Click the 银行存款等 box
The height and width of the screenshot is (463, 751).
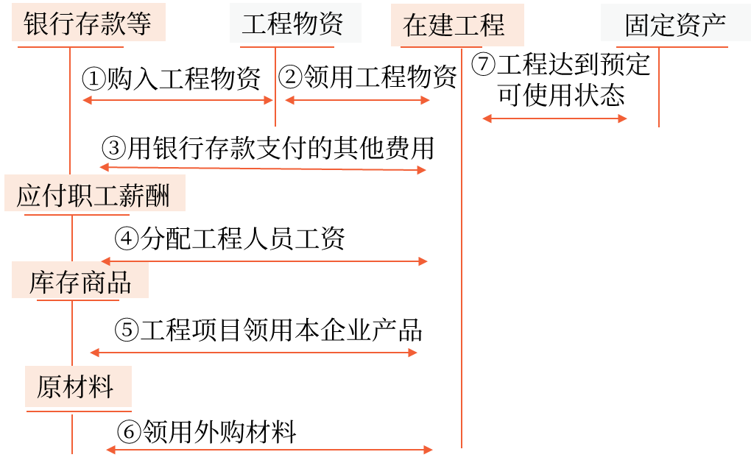click(88, 23)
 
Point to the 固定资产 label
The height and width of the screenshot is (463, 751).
click(675, 24)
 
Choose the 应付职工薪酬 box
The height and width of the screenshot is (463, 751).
click(94, 194)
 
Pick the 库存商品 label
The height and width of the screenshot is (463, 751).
click(80, 281)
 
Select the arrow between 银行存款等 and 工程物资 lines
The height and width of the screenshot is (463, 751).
click(177, 100)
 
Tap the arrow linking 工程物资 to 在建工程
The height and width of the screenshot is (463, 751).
click(357, 100)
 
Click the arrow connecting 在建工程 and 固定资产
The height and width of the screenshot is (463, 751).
click(554, 119)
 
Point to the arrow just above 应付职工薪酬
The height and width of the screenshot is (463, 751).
click(263, 169)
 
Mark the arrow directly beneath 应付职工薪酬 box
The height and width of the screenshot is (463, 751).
click(264, 261)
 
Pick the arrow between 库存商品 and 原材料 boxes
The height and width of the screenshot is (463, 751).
click(253, 353)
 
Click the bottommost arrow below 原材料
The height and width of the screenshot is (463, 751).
click(269, 450)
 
